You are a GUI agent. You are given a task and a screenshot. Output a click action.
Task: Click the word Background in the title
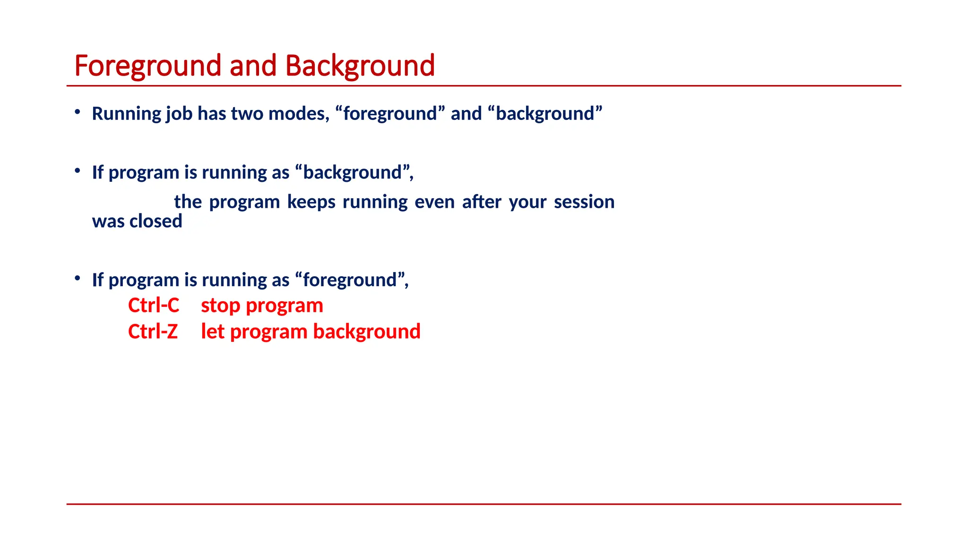[x=360, y=66]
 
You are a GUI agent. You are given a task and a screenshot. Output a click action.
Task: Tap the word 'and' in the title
[x=253, y=66]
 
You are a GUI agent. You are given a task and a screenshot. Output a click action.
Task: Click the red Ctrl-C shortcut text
[x=154, y=306]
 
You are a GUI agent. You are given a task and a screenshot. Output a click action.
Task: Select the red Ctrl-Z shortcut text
[x=153, y=331]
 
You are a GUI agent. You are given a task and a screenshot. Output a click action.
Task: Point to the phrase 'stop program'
[x=262, y=306]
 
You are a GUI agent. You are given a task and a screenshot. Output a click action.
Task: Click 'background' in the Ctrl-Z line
[x=367, y=331]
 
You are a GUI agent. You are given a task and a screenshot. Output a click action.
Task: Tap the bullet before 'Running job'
[x=78, y=112]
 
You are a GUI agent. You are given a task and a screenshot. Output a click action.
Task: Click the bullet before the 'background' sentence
[x=78, y=170]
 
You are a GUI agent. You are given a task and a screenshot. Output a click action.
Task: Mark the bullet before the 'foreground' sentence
[x=78, y=278]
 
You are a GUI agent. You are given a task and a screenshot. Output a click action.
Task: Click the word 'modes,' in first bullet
[x=299, y=114]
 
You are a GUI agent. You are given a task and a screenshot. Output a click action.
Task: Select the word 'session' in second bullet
[x=584, y=202]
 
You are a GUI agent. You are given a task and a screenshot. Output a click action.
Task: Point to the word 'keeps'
[x=311, y=202]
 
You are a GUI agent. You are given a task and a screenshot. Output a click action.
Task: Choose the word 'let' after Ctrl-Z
[x=212, y=331]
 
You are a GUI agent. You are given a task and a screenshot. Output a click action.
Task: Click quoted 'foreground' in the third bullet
[x=349, y=280]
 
